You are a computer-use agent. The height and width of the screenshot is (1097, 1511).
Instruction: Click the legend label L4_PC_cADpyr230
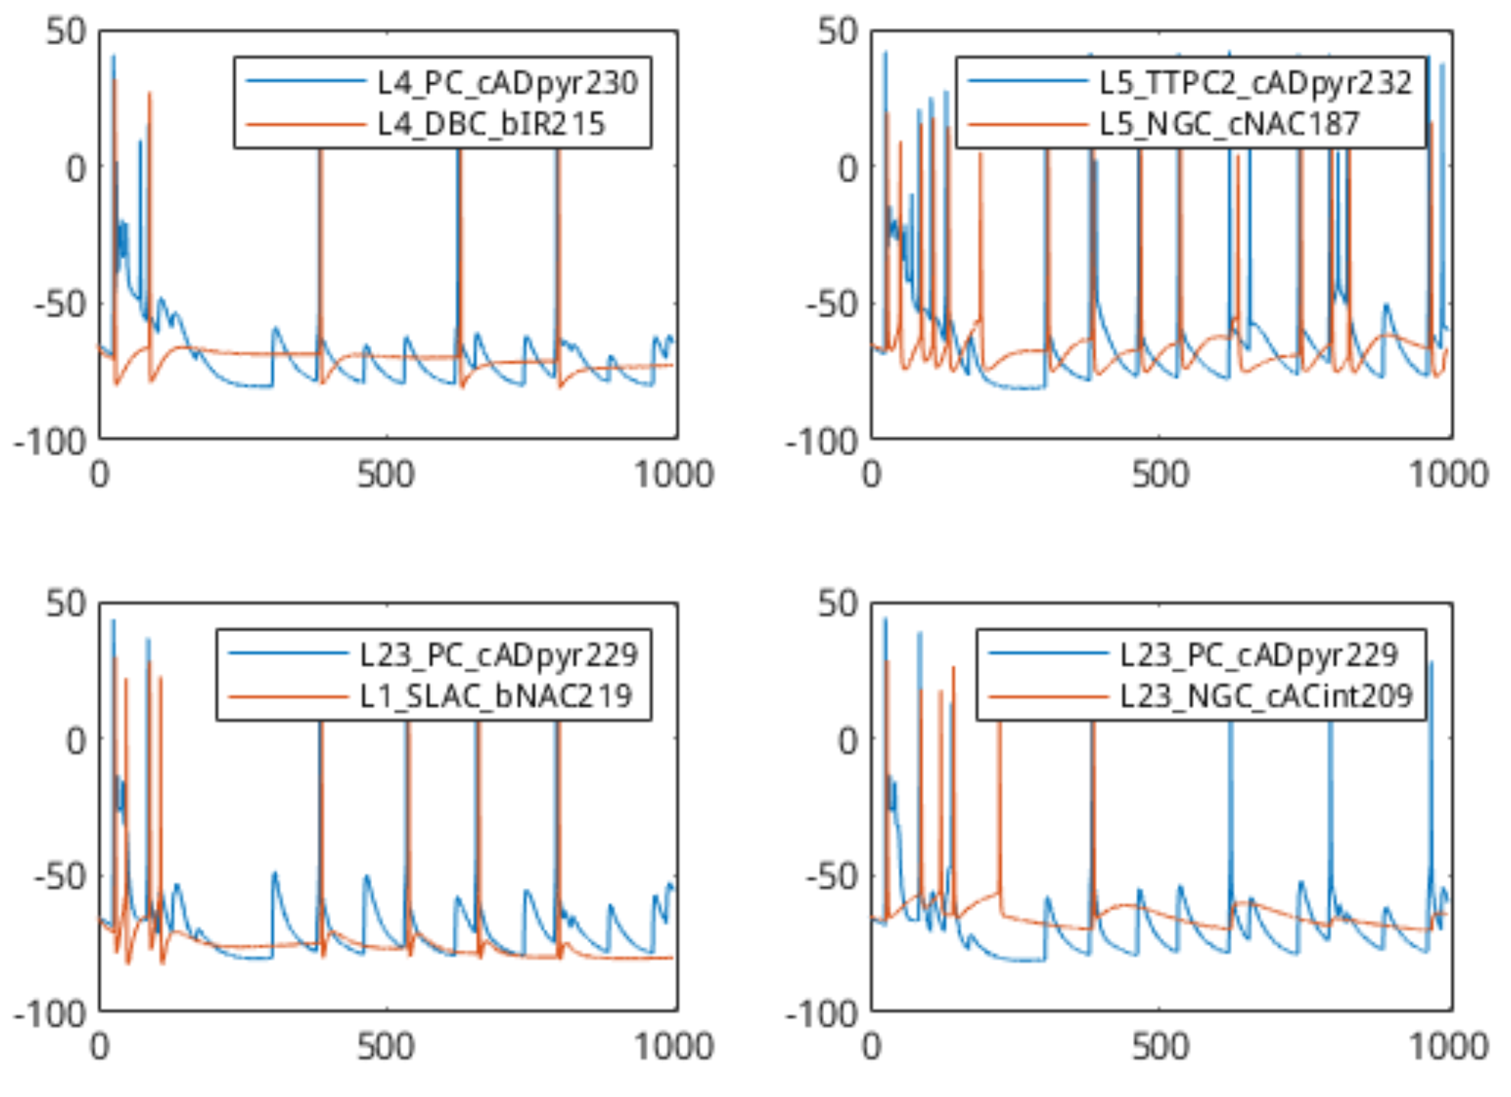pyautogui.click(x=507, y=82)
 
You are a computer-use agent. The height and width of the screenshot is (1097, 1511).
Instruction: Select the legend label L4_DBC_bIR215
pyautogui.click(x=491, y=123)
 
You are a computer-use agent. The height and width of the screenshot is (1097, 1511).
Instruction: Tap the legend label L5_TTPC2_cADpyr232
pyautogui.click(x=1255, y=82)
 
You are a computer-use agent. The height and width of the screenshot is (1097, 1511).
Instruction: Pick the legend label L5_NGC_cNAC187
pyautogui.click(x=1229, y=123)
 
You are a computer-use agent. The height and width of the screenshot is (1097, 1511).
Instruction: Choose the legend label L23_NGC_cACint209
pyautogui.click(x=1266, y=695)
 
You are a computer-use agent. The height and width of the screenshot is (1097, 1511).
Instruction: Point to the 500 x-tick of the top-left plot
pyautogui.click(x=387, y=474)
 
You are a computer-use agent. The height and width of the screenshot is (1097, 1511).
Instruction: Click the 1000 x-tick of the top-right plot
pyautogui.click(x=1448, y=474)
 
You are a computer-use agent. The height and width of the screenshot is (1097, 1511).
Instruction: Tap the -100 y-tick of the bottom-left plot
pyautogui.click(x=50, y=1015)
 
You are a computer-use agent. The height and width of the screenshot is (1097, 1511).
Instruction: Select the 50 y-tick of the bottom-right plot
pyautogui.click(x=838, y=604)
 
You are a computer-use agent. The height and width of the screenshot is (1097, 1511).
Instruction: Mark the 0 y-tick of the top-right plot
pyautogui.click(x=849, y=168)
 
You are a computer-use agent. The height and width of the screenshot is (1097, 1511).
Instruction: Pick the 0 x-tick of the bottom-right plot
pyautogui.click(x=871, y=1047)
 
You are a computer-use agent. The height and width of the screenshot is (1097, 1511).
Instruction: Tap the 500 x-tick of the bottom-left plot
pyautogui.click(x=387, y=1047)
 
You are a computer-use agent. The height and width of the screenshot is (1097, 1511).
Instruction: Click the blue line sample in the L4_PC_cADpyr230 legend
pyautogui.click(x=306, y=82)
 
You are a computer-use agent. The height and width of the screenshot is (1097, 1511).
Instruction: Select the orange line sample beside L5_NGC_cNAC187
pyautogui.click(x=1028, y=123)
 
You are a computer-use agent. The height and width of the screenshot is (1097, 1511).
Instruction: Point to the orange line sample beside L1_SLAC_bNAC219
pyautogui.click(x=288, y=696)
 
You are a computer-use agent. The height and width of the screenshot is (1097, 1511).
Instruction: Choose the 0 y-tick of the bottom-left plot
pyautogui.click(x=76, y=740)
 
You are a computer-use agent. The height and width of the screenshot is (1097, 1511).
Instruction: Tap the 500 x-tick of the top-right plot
pyautogui.click(x=1160, y=474)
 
